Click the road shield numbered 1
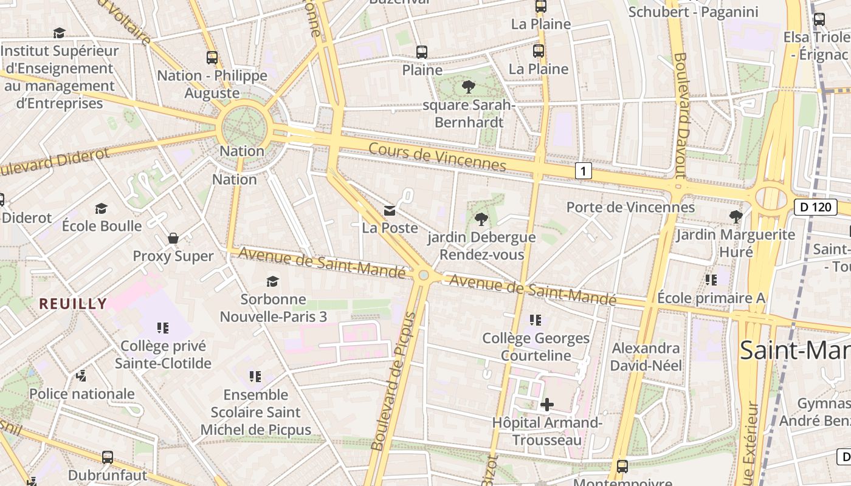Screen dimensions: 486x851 pyautogui.click(x=583, y=171)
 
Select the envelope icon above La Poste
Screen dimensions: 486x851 pyautogui.click(x=390, y=211)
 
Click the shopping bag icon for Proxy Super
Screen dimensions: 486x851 pyautogui.click(x=173, y=238)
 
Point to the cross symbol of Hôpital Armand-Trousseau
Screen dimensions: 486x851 pyautogui.click(x=546, y=405)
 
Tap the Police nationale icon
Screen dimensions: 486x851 pyautogui.click(x=81, y=377)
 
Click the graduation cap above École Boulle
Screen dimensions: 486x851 pyautogui.click(x=102, y=208)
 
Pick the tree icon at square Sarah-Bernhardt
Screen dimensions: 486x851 pyautogui.click(x=468, y=87)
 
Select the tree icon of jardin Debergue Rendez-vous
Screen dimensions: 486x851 pyautogui.click(x=481, y=219)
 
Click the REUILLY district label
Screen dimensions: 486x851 pyautogui.click(x=74, y=304)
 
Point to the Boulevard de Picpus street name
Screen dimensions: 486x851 pyautogui.click(x=394, y=382)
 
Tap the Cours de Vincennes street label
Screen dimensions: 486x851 pyautogui.click(x=437, y=157)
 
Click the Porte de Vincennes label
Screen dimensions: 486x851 pyautogui.click(x=630, y=207)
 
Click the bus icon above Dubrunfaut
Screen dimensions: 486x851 pyautogui.click(x=108, y=457)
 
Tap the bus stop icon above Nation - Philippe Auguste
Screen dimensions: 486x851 pyautogui.click(x=212, y=58)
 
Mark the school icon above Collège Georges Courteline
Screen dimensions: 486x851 pyautogui.click(x=536, y=320)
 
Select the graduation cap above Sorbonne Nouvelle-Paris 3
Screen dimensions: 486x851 pyautogui.click(x=272, y=281)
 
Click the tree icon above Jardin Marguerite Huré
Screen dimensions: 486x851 pyautogui.click(x=736, y=216)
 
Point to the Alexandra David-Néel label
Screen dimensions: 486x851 pyautogui.click(x=646, y=357)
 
